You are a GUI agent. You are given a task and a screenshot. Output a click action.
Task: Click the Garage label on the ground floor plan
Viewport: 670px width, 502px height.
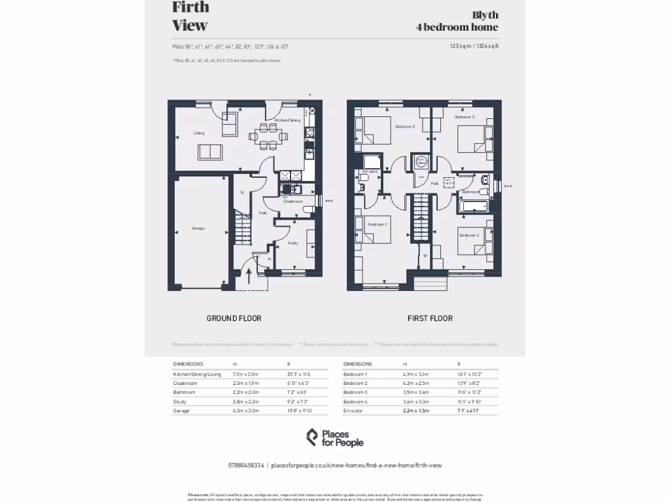(198, 228)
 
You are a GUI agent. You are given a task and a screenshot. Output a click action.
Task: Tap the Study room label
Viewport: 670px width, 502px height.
(292, 243)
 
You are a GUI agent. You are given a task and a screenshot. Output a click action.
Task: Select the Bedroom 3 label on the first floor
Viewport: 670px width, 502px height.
(465, 117)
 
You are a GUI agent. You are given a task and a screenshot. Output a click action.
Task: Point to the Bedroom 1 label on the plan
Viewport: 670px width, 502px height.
(377, 224)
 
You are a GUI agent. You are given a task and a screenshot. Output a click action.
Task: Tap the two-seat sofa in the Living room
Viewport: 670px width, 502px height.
(209, 152)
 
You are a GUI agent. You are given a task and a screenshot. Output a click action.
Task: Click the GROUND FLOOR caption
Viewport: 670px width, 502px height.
(234, 318)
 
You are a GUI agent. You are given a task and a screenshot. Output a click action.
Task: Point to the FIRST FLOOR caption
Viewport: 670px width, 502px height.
(430, 318)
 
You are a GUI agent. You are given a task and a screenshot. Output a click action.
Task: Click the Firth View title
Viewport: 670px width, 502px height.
(190, 16)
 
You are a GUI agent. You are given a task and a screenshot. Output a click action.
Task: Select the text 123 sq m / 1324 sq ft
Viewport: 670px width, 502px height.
(474, 46)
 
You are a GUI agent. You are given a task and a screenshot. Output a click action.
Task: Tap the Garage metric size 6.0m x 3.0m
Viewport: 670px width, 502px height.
(245, 410)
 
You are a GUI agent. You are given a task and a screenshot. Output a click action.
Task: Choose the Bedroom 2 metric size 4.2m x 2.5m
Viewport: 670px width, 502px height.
(415, 383)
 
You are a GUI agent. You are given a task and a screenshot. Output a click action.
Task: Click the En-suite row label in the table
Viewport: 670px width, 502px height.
(353, 410)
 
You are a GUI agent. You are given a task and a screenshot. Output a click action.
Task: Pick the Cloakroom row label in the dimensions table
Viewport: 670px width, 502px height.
(185, 383)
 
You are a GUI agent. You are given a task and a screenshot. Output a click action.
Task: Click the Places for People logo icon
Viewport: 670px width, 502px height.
(313, 437)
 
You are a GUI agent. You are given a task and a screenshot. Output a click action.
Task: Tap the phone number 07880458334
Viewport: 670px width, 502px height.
(246, 465)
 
